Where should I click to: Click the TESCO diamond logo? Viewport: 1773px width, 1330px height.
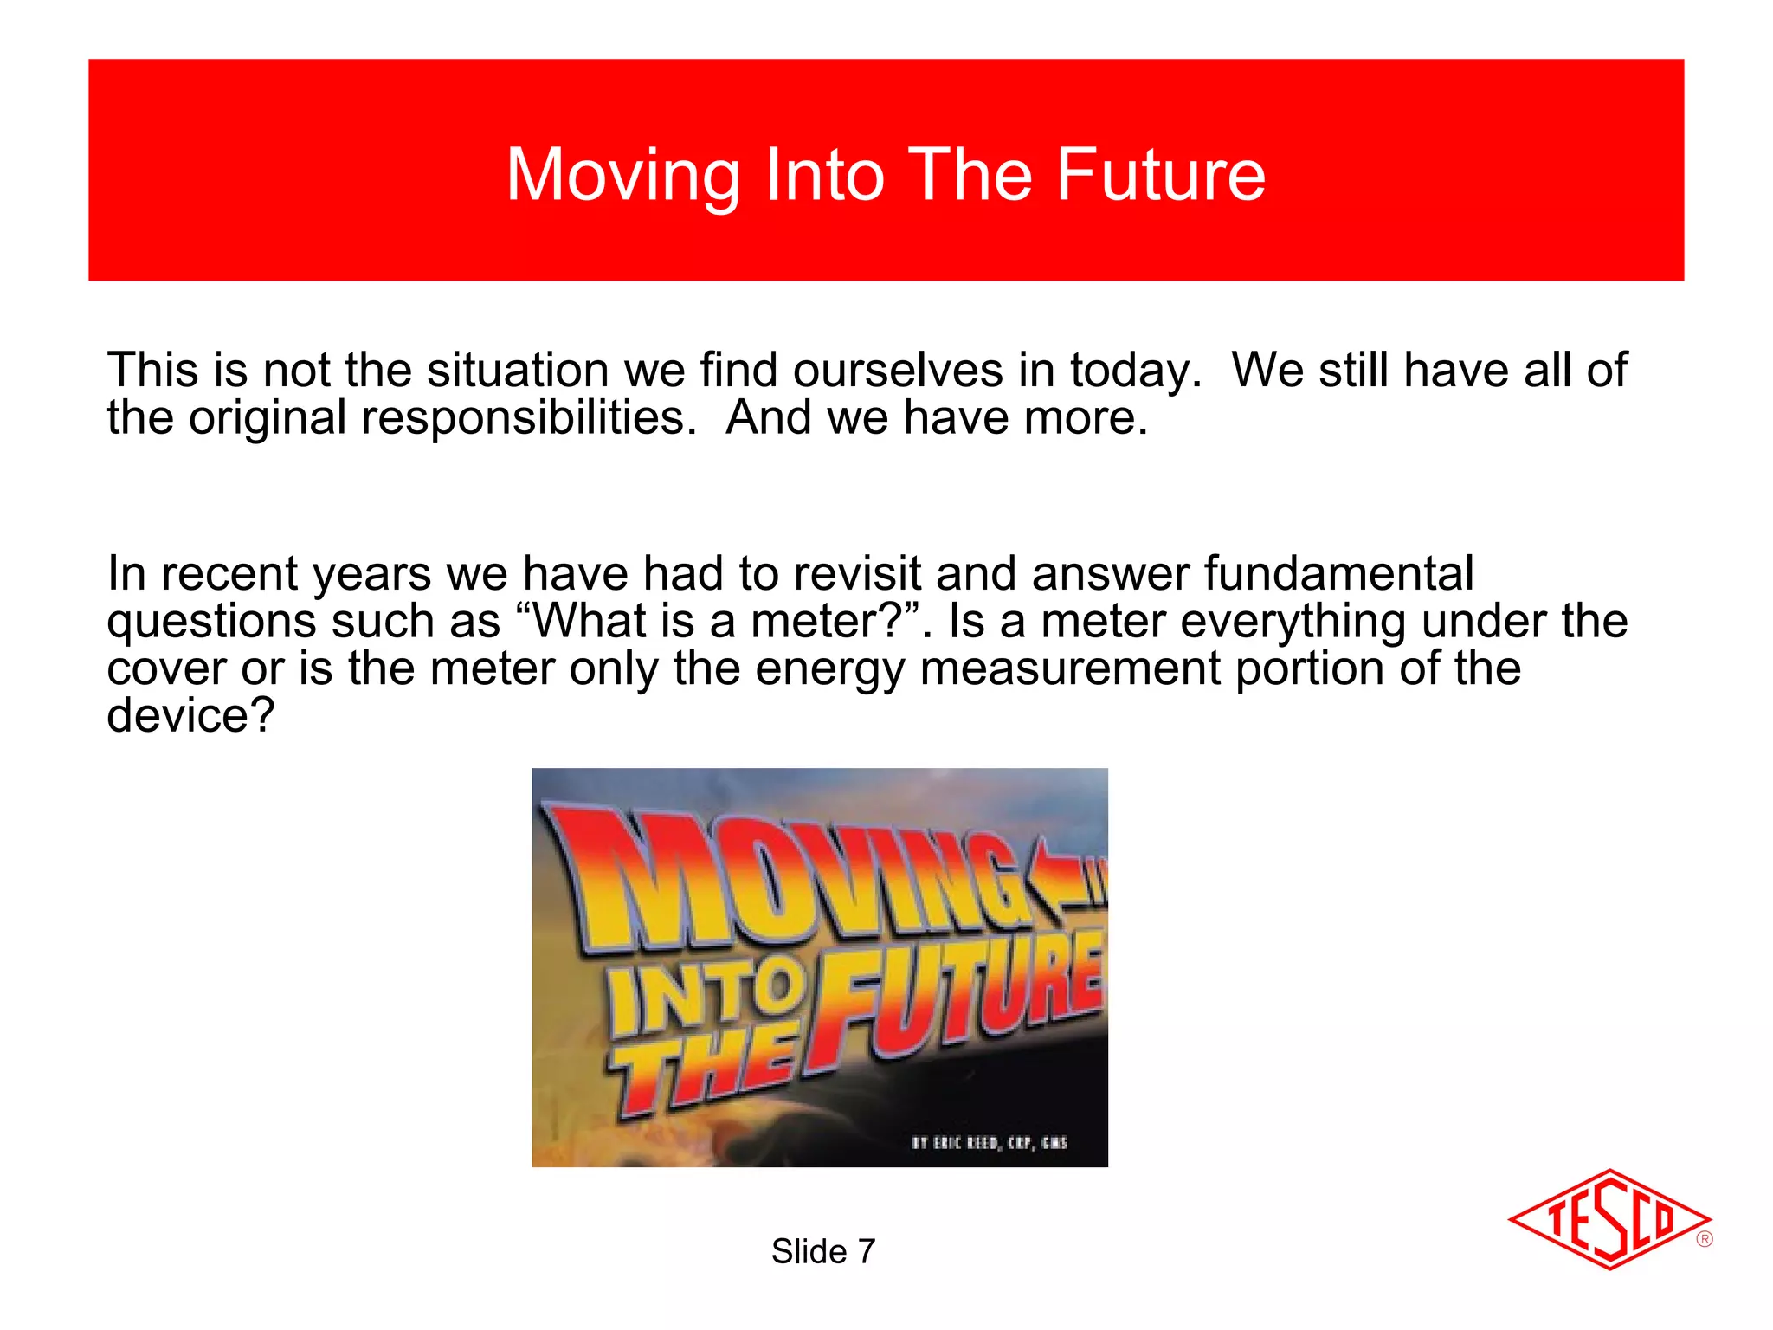coord(1609,1219)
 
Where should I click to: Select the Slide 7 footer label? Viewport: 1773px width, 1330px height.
coord(823,1251)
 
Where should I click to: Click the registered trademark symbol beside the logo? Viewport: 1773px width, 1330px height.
coord(1705,1239)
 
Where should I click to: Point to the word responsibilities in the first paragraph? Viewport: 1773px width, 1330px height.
coord(528,419)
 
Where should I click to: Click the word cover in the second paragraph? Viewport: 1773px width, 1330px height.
coord(166,669)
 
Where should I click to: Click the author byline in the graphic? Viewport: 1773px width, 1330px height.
coord(989,1143)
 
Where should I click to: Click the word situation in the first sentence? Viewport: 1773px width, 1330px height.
coord(518,371)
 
